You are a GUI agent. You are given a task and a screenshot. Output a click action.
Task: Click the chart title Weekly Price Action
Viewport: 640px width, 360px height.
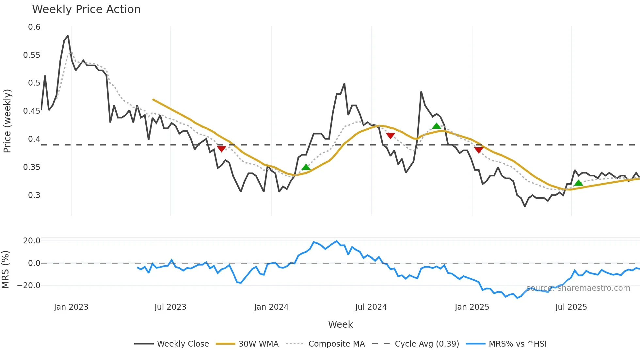(86, 9)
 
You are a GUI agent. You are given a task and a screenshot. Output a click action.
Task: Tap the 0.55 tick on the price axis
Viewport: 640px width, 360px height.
(32, 55)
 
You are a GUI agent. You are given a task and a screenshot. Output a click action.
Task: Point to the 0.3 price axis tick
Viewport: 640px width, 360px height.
(34, 195)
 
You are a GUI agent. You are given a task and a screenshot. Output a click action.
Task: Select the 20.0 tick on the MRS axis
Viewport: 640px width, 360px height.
(32, 241)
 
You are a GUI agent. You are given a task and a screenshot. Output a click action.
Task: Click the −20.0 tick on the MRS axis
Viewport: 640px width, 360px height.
(29, 286)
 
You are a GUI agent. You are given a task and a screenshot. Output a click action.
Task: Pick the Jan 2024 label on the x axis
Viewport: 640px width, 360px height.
(271, 307)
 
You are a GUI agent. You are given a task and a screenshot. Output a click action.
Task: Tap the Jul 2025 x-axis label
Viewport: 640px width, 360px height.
(571, 307)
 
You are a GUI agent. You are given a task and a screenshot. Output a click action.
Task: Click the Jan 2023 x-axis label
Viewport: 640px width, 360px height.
(71, 307)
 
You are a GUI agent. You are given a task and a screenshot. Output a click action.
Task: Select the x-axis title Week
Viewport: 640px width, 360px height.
(340, 324)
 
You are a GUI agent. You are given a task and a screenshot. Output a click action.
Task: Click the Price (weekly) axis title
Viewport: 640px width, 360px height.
(7, 121)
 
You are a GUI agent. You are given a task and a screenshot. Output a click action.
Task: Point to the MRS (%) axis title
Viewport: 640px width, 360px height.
(5, 270)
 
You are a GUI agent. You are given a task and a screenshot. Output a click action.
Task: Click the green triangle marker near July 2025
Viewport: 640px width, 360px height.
(578, 183)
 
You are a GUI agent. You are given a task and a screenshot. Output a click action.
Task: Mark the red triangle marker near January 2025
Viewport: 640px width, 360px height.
(478, 150)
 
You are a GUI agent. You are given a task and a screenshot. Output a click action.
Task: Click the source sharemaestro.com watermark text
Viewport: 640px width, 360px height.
(578, 288)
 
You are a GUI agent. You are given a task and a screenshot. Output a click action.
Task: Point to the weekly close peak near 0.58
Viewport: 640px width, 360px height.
(68, 36)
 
